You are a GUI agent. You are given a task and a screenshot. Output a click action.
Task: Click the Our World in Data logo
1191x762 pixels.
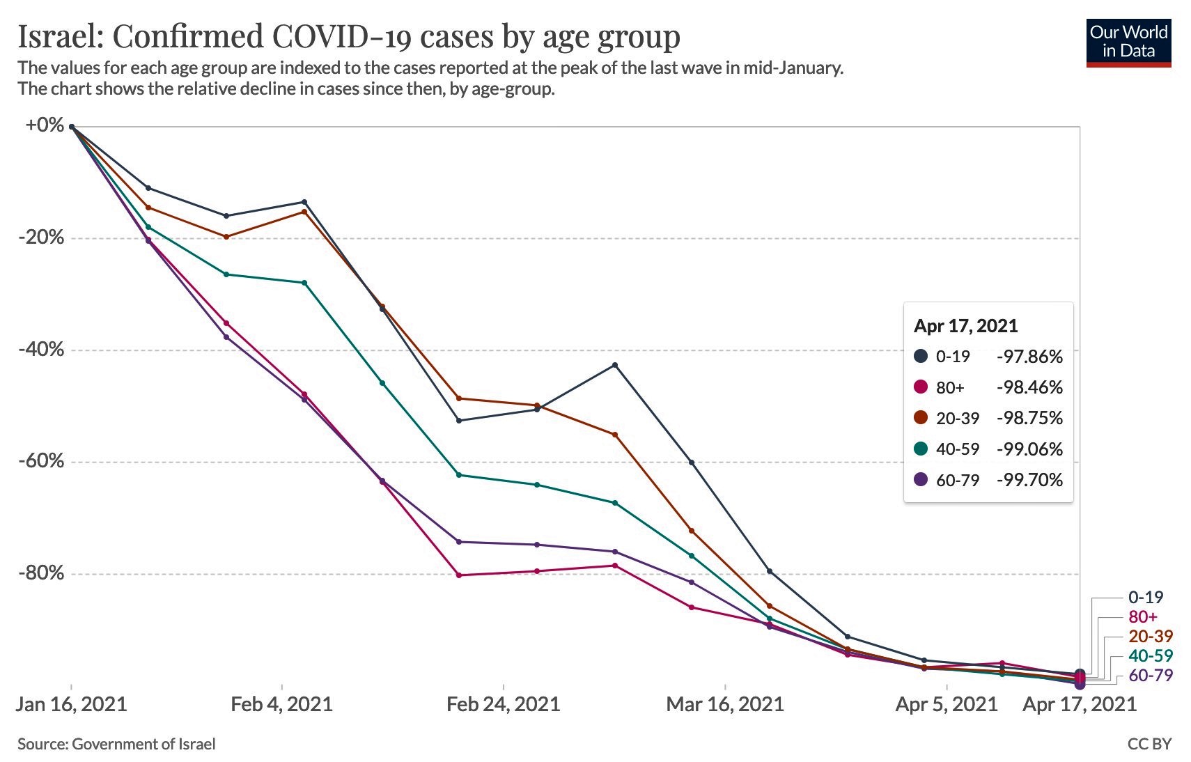tap(1128, 42)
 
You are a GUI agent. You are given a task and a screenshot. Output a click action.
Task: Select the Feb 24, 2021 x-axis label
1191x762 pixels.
tap(503, 704)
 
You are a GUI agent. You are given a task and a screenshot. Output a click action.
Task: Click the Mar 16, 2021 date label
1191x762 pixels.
tap(725, 704)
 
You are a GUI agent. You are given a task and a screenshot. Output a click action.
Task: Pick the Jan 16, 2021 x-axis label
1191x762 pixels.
tap(71, 704)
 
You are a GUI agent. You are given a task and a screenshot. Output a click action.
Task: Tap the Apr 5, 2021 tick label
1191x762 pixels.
tap(947, 704)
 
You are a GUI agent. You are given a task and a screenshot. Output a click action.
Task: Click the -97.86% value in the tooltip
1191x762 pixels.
tap(1029, 357)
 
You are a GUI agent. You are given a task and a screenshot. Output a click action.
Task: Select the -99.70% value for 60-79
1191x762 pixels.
tap(1029, 480)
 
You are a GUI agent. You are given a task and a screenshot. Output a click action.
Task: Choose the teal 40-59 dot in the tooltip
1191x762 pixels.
tap(921, 449)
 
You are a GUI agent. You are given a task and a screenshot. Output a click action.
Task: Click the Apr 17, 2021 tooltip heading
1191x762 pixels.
tap(965, 326)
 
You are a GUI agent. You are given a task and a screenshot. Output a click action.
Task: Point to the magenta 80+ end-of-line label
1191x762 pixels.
tap(1143, 616)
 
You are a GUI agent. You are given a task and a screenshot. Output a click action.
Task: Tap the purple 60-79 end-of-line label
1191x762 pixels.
tap(1151, 675)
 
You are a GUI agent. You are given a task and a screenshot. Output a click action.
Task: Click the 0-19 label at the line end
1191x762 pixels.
tap(1146, 597)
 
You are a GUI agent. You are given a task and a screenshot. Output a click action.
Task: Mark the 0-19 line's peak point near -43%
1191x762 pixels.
tap(614, 365)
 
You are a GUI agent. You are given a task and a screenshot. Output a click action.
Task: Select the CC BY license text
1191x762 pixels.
tap(1149, 744)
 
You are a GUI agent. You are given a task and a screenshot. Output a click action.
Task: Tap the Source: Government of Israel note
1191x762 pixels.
tap(116, 744)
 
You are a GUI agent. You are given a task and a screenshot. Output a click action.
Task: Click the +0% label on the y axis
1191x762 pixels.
tap(45, 125)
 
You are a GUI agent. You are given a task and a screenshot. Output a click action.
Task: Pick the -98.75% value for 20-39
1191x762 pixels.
tap(1029, 418)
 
